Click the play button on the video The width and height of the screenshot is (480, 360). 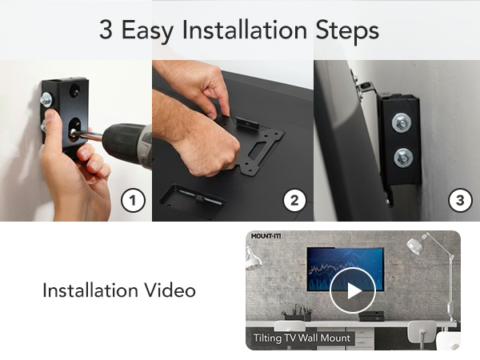click(352, 290)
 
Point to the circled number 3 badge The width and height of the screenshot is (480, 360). click(458, 200)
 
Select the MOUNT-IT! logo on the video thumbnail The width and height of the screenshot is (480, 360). click(266, 238)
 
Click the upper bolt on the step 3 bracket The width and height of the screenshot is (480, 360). click(402, 122)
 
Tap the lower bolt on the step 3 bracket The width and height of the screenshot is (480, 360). click(403, 156)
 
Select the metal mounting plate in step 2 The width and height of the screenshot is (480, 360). click(254, 144)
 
